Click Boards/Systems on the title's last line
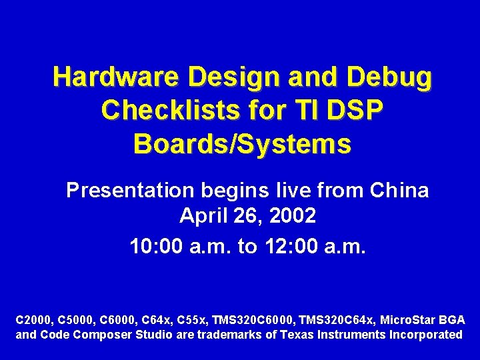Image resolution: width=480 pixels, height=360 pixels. tap(242, 143)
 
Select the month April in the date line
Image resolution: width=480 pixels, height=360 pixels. tap(202, 217)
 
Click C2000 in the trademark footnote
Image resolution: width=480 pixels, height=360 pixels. tap(32, 320)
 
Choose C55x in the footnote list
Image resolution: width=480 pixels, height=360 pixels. tap(193, 320)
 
